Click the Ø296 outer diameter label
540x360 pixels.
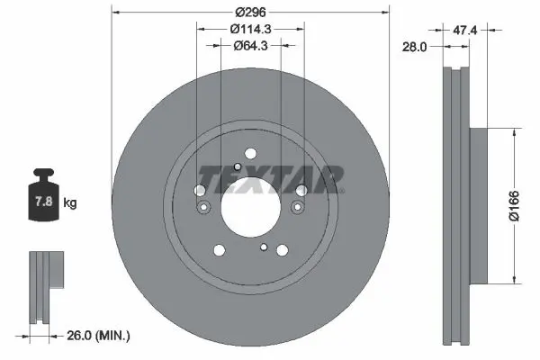pyautogui.click(x=251, y=13)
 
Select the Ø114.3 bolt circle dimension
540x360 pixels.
pyautogui.click(x=251, y=29)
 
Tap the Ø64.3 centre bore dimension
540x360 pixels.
pyautogui.click(x=251, y=46)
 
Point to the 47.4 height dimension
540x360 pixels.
pyautogui.click(x=465, y=31)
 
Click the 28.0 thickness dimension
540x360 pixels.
pyautogui.click(x=415, y=47)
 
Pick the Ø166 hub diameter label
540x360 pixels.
pyautogui.click(x=514, y=206)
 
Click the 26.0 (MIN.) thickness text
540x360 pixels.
pyautogui.click(x=98, y=335)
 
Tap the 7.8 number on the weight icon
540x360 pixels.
pyautogui.click(x=44, y=201)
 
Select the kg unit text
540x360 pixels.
pyautogui.click(x=70, y=202)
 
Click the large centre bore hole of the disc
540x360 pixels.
pyautogui.click(x=251, y=208)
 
